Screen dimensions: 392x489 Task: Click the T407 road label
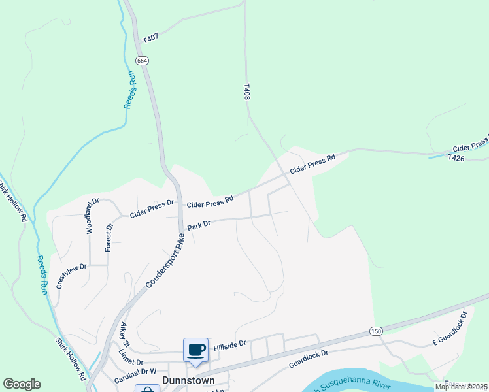(150, 40)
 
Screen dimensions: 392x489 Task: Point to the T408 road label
(247, 91)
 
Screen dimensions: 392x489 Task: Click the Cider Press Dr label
(152, 208)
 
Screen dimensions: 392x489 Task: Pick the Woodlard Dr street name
(92, 216)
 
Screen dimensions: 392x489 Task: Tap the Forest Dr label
(109, 238)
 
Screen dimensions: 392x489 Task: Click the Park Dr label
(198, 225)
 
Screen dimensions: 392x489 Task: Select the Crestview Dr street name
(71, 276)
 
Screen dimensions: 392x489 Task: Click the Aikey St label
(124, 335)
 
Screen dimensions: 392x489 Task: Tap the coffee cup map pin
(195, 350)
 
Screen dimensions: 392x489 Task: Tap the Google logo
(22, 384)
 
